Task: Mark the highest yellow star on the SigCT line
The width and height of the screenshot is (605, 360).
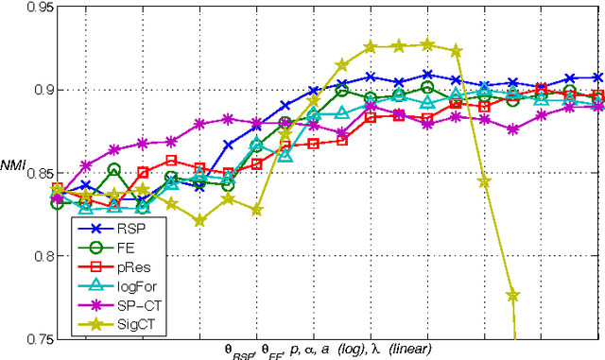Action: (427, 44)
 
